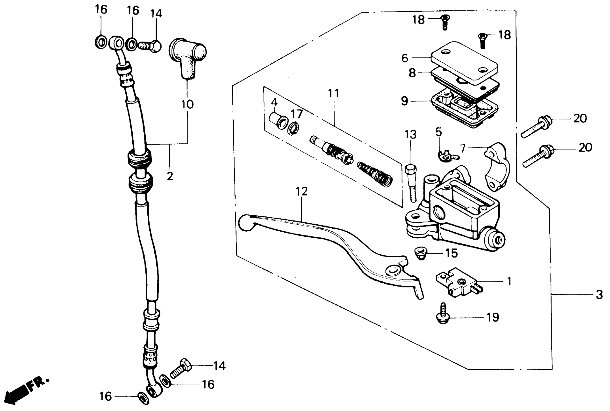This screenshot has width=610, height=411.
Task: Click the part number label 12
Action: pyautogui.click(x=301, y=192)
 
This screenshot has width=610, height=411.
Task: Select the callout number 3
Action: pyautogui.click(x=599, y=295)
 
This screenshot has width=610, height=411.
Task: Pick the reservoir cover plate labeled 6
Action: pyautogui.click(x=464, y=63)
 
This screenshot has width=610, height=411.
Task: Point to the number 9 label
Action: pyautogui.click(x=404, y=101)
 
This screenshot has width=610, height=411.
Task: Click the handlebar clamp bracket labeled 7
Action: pyautogui.click(x=497, y=167)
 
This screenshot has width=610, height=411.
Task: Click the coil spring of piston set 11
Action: pyautogui.click(x=375, y=174)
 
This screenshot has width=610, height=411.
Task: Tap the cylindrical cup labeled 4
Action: pyautogui.click(x=278, y=121)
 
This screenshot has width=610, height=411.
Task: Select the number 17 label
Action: pyautogui.click(x=297, y=114)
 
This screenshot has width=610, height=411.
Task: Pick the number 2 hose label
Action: pyautogui.click(x=170, y=176)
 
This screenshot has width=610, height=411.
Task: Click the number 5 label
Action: pyautogui.click(x=439, y=132)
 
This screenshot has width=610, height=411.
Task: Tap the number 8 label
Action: pyautogui.click(x=412, y=73)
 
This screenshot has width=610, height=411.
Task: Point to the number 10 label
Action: pyautogui.click(x=187, y=104)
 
